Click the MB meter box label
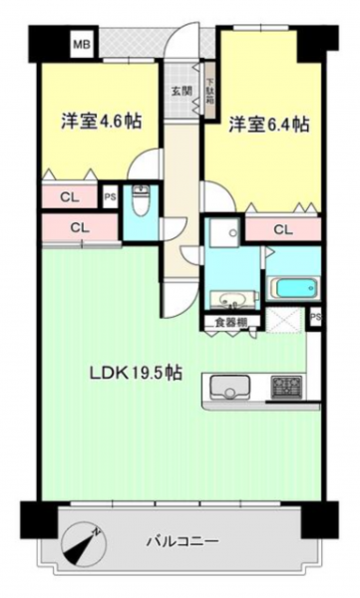82,45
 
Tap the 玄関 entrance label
181,91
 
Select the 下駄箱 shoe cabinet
210,91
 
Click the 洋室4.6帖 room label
101,122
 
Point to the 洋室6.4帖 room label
269,125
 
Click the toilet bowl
141,198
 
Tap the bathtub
294,288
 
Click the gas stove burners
286,387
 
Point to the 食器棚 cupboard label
230,323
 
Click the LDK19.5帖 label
136,372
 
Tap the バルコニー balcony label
183,540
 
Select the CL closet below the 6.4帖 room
283,229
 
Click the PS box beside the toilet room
111,196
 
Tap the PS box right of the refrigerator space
315,317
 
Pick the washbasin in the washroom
232,299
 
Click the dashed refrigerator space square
285,319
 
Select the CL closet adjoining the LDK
80,228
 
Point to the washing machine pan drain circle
232,232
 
